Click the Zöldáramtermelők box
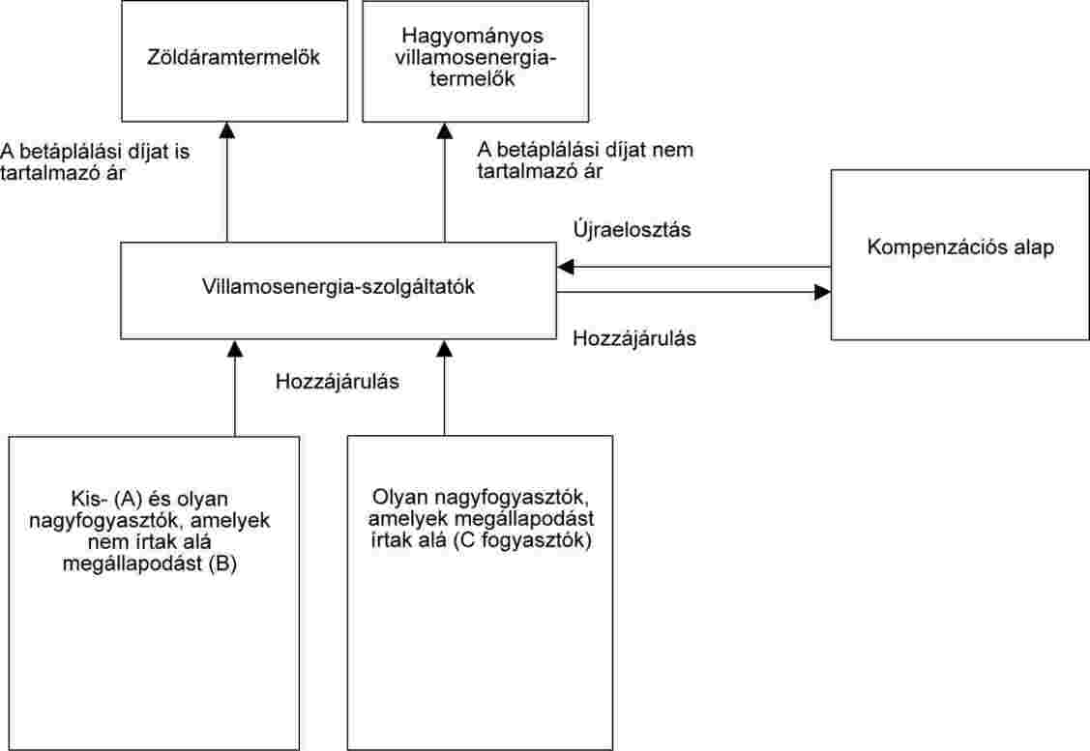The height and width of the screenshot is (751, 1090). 234,60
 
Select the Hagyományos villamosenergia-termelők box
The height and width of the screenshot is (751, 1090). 475,60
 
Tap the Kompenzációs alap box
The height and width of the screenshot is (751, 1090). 959,254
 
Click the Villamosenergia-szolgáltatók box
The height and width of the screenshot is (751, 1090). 338,290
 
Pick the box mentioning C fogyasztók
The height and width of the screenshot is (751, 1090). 480,592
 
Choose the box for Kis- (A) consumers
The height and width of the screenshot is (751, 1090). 154,592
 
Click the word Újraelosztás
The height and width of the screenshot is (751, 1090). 631,231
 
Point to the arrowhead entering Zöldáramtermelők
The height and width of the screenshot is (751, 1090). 227,130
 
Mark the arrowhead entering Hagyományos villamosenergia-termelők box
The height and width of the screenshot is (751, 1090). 445,130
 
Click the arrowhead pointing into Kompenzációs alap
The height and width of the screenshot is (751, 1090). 822,292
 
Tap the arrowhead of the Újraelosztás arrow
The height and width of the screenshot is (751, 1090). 565,267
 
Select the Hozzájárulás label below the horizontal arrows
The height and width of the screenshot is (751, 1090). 635,339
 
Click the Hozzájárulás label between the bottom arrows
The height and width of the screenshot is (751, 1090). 338,381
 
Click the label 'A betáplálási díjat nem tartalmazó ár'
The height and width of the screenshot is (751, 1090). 586,160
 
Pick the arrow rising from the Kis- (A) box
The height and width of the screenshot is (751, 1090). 235,391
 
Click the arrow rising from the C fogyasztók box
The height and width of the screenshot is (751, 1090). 445,391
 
